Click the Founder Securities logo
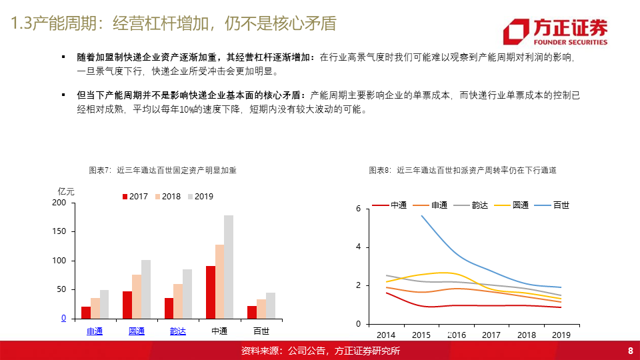pos(555,31)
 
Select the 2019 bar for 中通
pos(229,267)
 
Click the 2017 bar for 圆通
pos(127,305)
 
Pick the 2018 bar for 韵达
pos(178,301)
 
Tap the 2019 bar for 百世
pos(271,306)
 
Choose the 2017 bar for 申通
pos(86,313)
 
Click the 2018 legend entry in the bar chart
pos(168,197)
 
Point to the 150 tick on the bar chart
pos(59,231)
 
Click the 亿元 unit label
pos(66,191)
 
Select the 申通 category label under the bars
pos(95,331)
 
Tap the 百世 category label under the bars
pos(261,331)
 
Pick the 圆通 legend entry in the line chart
pos(511,205)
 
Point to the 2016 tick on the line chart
pos(456,335)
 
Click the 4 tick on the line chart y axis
pos(359,247)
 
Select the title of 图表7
pos(163,170)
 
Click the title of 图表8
pos(463,170)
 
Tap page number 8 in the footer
pos(631,351)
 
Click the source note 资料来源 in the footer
pos(321,351)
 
